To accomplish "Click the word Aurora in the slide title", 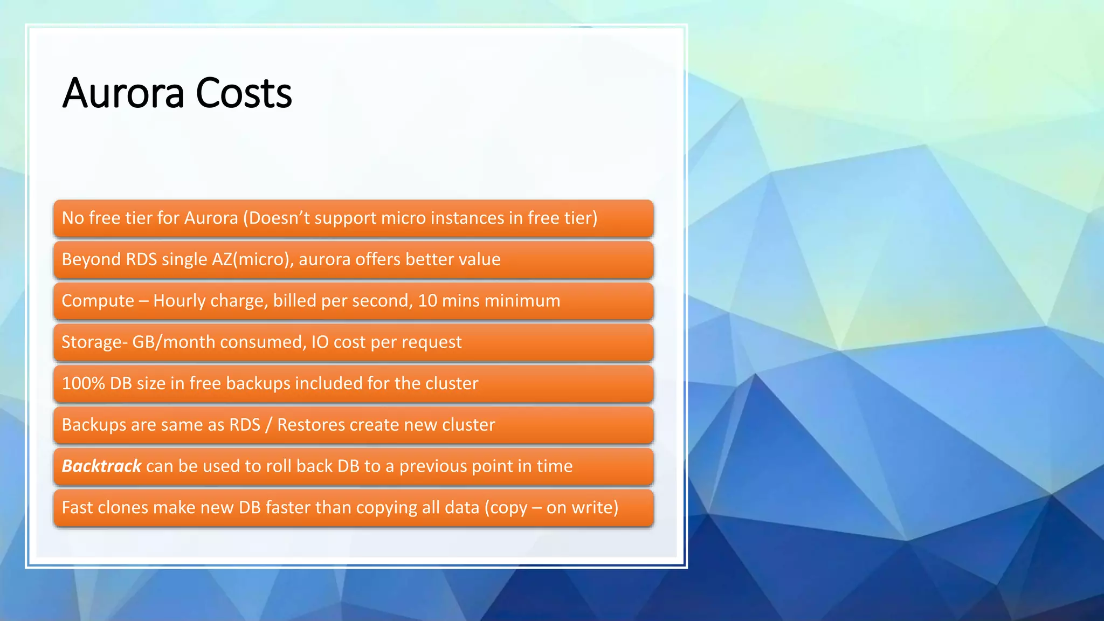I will [x=123, y=93].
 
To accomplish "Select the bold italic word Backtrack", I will [x=101, y=466].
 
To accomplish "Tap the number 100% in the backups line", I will [x=83, y=383].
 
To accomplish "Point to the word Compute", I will [x=98, y=301].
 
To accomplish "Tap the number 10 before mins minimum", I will [x=427, y=301].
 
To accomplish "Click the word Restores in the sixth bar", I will [x=311, y=425].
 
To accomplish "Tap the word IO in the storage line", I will [x=320, y=342].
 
